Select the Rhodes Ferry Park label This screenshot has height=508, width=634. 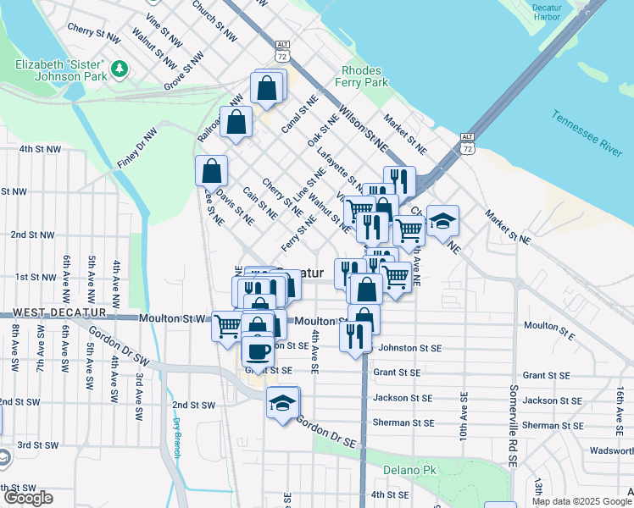tap(364, 77)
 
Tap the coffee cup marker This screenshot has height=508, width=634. tap(258, 350)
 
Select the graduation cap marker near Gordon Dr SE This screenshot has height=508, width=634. tap(282, 402)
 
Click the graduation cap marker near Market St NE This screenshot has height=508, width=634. tap(442, 221)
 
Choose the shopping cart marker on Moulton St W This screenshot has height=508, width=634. tap(227, 325)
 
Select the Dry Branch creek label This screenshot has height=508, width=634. tap(177, 438)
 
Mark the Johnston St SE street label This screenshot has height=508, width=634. tap(409, 347)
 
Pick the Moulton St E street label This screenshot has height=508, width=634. tap(549, 326)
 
